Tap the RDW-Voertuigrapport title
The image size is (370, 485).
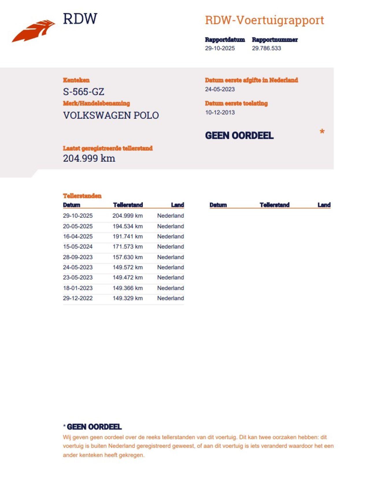[x=264, y=20]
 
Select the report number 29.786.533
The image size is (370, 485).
[x=266, y=48]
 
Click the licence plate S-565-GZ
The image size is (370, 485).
[x=84, y=92]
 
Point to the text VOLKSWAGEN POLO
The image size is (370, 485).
[x=111, y=115]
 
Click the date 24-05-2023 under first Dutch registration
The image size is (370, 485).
[x=220, y=89]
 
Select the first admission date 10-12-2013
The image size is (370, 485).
[x=220, y=113]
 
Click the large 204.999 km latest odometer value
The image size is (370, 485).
[x=89, y=158]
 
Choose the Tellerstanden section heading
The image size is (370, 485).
[x=82, y=196]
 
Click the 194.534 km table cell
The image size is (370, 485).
[x=127, y=226]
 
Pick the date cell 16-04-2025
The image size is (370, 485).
[x=78, y=236]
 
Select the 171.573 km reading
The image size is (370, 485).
[x=127, y=247]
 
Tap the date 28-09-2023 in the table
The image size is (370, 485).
[x=78, y=257]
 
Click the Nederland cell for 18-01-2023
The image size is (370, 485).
[x=170, y=288]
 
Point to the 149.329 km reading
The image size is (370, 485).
[x=127, y=298]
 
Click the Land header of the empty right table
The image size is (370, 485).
[x=324, y=205]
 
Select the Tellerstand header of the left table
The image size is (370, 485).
[x=128, y=205]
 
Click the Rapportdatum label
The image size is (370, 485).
[x=225, y=40]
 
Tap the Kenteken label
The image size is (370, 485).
[x=76, y=80]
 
